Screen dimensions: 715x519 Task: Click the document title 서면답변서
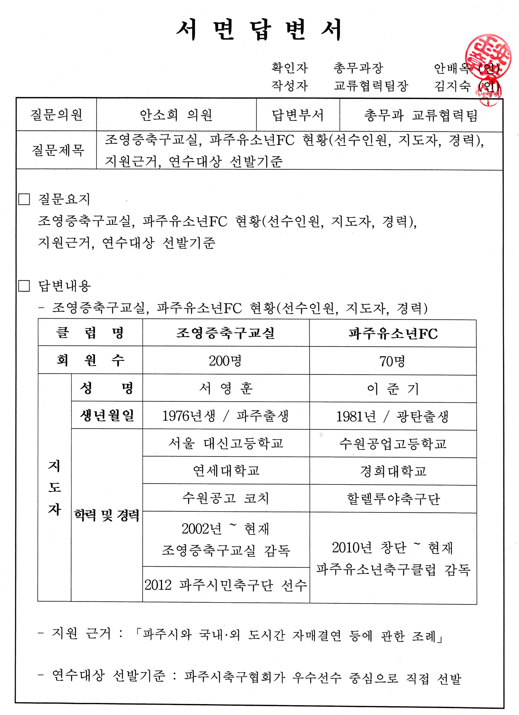(259, 30)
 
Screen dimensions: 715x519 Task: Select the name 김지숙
(452, 86)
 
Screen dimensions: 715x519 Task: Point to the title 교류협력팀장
(371, 86)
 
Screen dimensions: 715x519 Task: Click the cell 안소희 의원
(176, 115)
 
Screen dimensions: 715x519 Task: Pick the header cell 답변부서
(297, 115)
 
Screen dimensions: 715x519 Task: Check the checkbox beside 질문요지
(24, 199)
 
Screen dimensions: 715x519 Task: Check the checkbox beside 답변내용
(24, 286)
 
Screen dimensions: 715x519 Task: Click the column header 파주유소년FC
(393, 334)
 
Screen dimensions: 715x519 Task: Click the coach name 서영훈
(226, 388)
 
